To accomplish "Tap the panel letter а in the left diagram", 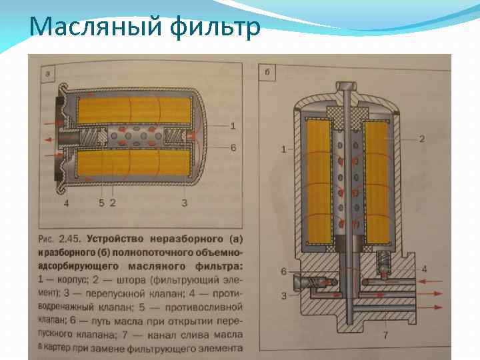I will pyautogui.click(x=47, y=73).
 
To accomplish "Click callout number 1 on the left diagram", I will pyautogui.click(x=233, y=125).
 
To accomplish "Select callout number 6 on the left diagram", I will pyautogui.click(x=233, y=147).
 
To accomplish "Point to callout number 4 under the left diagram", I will pyautogui.click(x=67, y=202).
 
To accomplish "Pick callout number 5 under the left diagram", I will pyautogui.click(x=101, y=202).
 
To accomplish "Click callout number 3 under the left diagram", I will pyautogui.click(x=184, y=202).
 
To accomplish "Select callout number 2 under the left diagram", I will pyautogui.click(x=113, y=202).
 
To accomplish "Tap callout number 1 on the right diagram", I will pyautogui.click(x=283, y=149).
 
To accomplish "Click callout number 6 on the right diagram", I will pyautogui.click(x=283, y=271).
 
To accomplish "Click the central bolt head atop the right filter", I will pyautogui.click(x=348, y=87).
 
